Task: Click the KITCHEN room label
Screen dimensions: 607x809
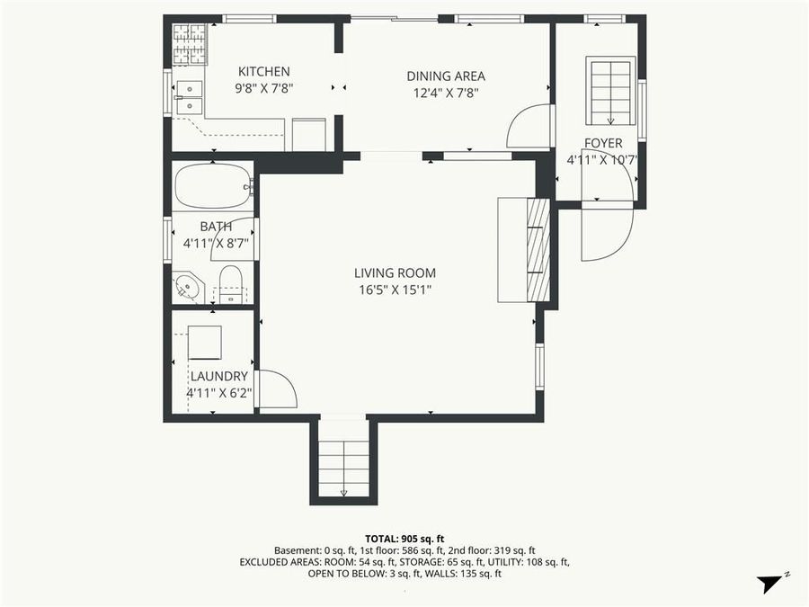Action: pos(263,72)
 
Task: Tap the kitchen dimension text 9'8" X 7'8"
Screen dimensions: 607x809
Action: pos(263,88)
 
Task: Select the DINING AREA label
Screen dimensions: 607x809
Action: pos(445,76)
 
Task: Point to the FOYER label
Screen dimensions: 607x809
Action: pos(602,143)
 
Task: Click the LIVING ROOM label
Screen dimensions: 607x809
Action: pos(394,273)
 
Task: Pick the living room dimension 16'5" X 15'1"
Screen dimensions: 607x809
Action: pos(394,290)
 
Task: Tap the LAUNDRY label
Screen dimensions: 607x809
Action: pos(218,376)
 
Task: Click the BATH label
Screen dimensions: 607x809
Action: pos(216,227)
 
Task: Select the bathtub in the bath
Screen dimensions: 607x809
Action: pos(212,186)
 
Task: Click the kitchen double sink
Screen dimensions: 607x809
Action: pos(190,97)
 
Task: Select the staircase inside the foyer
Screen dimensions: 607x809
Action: pos(610,91)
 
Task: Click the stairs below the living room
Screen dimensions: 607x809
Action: pos(344,460)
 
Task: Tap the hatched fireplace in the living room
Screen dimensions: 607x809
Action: pos(537,248)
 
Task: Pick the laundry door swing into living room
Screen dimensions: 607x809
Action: pos(276,390)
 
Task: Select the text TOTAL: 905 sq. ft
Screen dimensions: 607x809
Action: pos(404,537)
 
